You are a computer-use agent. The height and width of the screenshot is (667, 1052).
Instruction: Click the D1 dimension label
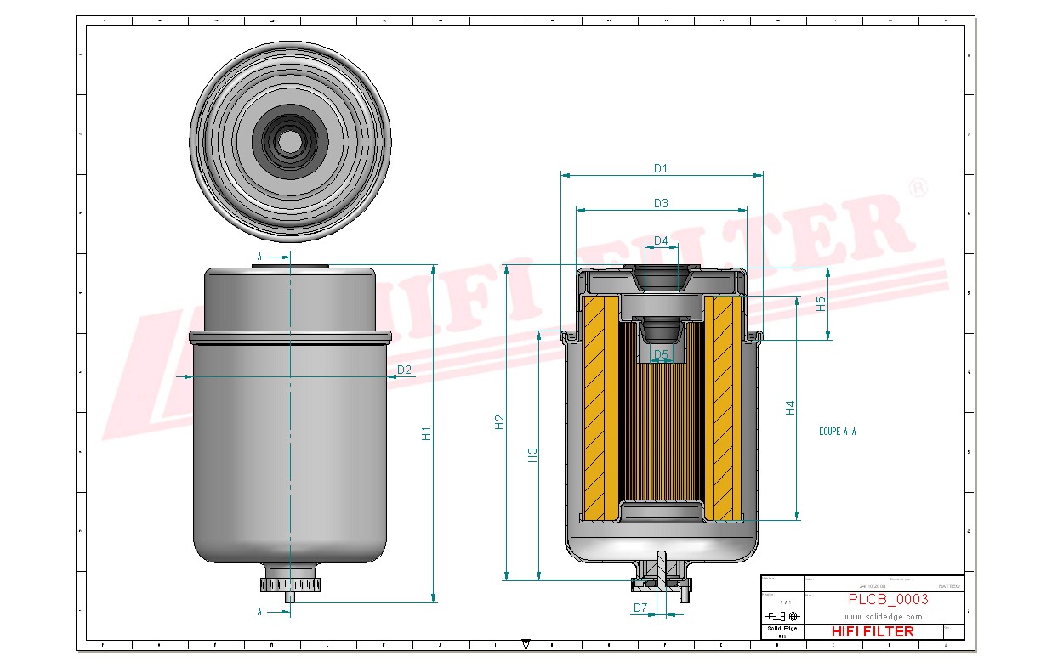click(661, 168)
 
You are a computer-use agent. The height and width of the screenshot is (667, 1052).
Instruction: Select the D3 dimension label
click(661, 203)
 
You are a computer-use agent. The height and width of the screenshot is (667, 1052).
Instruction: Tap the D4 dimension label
click(661, 241)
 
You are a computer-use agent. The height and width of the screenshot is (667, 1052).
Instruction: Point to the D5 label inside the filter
click(661, 353)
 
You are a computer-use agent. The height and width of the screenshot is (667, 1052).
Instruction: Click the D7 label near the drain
click(640, 608)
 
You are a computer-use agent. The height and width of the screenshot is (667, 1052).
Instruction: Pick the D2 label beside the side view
click(404, 370)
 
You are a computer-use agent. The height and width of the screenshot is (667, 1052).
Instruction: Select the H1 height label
click(427, 432)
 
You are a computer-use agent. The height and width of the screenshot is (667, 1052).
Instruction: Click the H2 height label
click(500, 422)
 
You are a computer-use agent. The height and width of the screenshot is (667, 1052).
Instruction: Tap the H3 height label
click(532, 455)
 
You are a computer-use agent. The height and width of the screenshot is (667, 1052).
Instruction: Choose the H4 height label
click(790, 407)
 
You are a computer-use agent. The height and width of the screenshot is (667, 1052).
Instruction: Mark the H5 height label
click(822, 303)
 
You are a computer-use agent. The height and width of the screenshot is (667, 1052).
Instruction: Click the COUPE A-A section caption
click(837, 432)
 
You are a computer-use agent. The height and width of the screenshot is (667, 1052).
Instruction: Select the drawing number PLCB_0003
click(888, 600)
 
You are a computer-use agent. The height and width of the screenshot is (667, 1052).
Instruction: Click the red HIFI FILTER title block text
click(872, 631)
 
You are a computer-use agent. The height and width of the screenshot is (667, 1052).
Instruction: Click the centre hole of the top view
click(291, 141)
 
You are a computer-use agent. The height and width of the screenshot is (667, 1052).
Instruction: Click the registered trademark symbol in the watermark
click(918, 188)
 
